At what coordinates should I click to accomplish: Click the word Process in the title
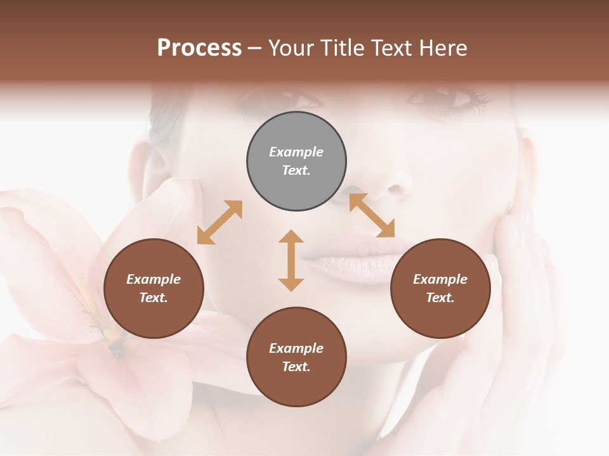pyautogui.click(x=199, y=48)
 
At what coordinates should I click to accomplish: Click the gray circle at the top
pyautogui.click(x=296, y=161)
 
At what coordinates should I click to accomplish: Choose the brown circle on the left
pyautogui.click(x=154, y=288)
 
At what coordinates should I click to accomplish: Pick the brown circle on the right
pyautogui.click(x=440, y=288)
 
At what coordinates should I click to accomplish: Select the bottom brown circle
pyautogui.click(x=296, y=357)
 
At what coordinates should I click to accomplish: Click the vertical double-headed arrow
pyautogui.click(x=291, y=260)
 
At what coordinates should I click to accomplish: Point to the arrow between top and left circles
pyautogui.click(x=219, y=222)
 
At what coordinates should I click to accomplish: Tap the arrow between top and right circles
pyautogui.click(x=372, y=215)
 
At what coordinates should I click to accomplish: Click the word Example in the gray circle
pyautogui.click(x=296, y=152)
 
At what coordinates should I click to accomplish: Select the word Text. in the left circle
pyautogui.click(x=154, y=298)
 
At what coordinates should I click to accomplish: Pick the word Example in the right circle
pyautogui.click(x=440, y=279)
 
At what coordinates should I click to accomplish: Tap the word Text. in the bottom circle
pyautogui.click(x=296, y=367)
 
